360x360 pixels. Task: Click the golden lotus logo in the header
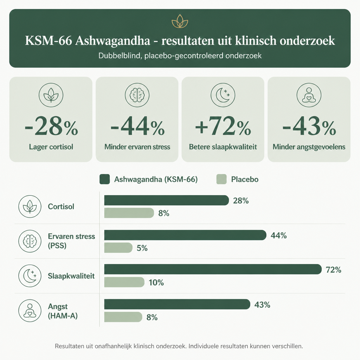[x=180, y=21]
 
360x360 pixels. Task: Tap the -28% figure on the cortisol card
[x=51, y=126]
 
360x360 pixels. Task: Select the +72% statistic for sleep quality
[x=223, y=126]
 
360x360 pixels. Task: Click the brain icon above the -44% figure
[x=137, y=95]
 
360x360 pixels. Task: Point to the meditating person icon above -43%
[x=309, y=95]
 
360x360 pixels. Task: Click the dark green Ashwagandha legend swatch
[x=105, y=179]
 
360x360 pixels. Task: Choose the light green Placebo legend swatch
[x=221, y=179]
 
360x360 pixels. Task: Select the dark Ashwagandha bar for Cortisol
[x=166, y=200]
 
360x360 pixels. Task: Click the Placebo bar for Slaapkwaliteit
[x=124, y=282]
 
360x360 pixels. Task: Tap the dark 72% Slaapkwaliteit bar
[x=213, y=269]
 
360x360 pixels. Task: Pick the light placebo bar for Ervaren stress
[x=118, y=248]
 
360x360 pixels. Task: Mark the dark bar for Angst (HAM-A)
[x=177, y=304]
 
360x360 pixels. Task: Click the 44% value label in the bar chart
[x=279, y=235]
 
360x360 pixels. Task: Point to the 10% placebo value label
[x=156, y=282]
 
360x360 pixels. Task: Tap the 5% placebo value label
[x=142, y=248]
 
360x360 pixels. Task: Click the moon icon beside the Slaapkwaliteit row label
[x=30, y=276]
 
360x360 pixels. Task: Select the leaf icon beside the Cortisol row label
[x=30, y=206]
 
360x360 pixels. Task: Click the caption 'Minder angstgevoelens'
[x=309, y=147]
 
